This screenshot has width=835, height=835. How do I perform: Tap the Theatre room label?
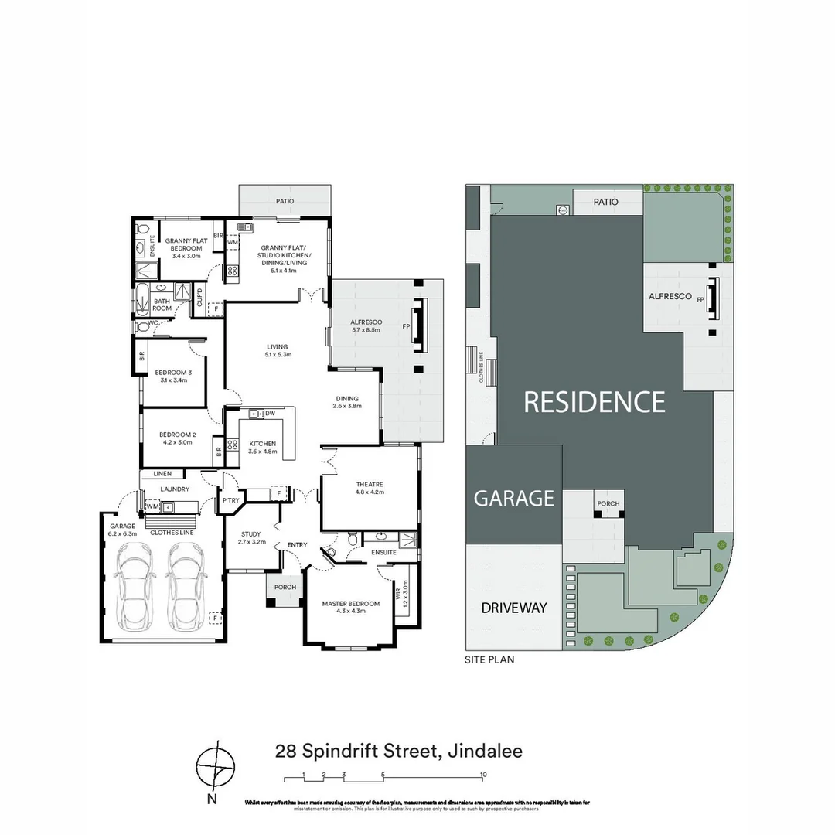tap(370, 485)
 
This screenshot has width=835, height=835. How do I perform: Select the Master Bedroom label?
tap(350, 603)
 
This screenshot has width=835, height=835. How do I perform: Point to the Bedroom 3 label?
tap(169, 372)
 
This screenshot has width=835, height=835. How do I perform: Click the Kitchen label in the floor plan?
tap(261, 443)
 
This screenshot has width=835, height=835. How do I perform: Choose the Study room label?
tap(250, 534)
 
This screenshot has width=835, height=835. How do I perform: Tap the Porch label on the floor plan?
tap(285, 587)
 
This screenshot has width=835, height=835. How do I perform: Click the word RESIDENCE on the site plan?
tap(595, 401)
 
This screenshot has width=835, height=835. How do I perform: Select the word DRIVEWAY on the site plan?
tap(514, 608)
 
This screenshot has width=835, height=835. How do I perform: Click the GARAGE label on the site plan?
tap(513, 498)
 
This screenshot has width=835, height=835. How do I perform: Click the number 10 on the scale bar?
tap(483, 774)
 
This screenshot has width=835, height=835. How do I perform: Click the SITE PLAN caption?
tap(489, 660)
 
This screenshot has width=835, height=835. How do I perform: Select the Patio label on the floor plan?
tap(285, 201)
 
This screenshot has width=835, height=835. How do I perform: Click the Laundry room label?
tap(175, 489)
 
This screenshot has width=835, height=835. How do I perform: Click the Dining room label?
tap(347, 399)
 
